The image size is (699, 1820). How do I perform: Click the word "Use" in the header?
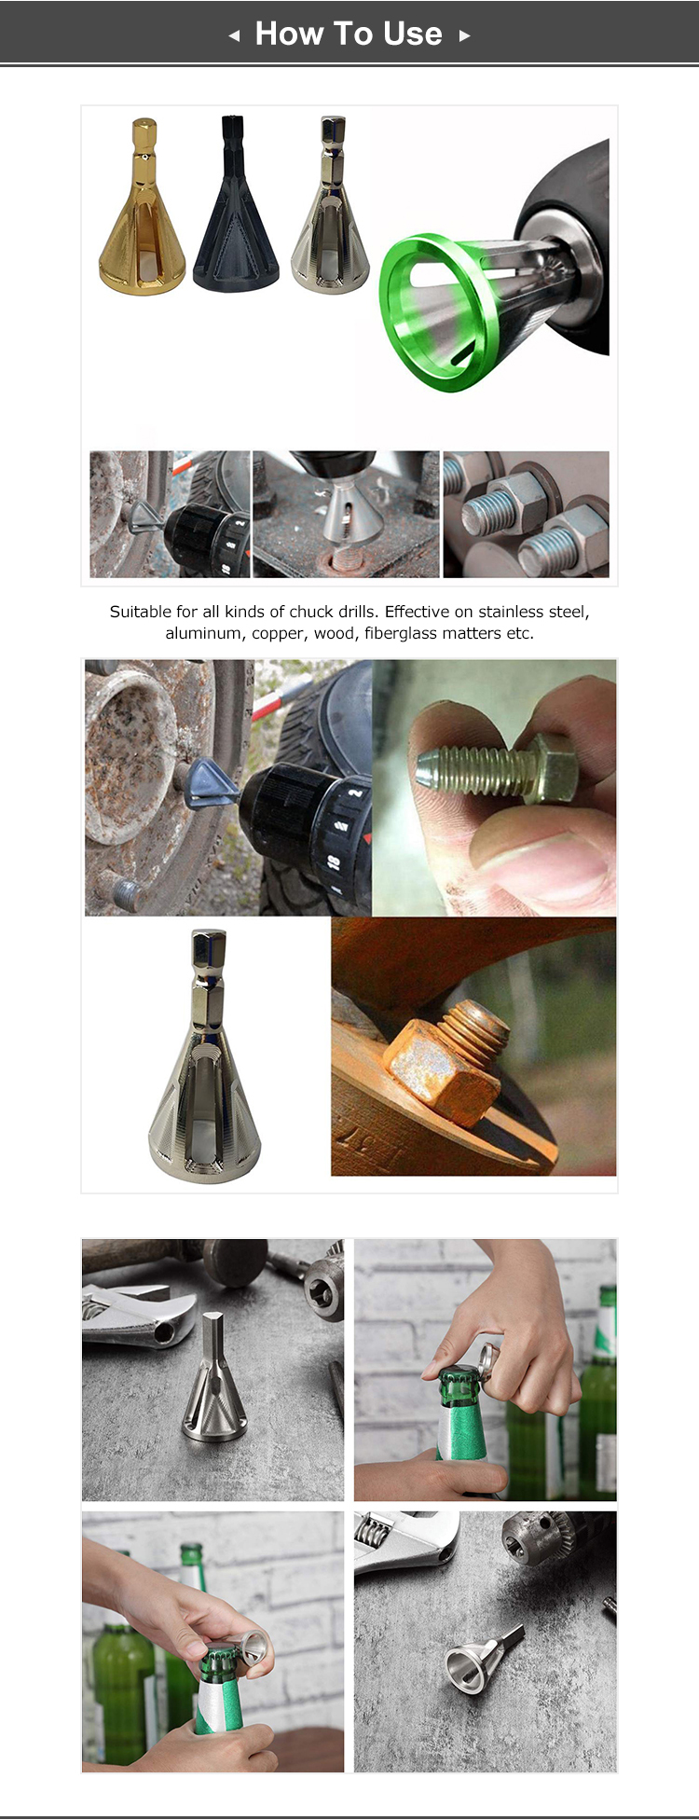coord(412,34)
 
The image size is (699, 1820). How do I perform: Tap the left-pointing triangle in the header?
coord(234,36)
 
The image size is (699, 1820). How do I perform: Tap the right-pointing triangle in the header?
coord(464,36)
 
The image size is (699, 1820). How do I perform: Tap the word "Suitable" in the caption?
coord(141,612)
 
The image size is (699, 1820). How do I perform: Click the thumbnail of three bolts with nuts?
coord(526,514)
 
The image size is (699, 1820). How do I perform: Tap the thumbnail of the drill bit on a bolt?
coord(346,514)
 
